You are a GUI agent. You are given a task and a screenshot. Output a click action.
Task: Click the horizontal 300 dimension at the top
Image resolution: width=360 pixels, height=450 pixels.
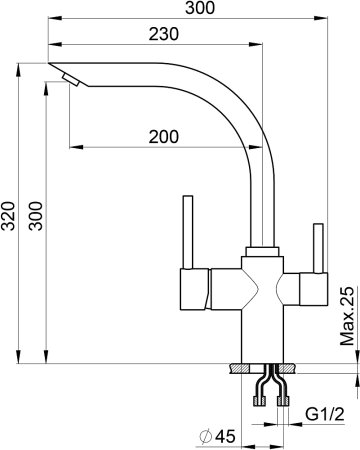pos(200,8)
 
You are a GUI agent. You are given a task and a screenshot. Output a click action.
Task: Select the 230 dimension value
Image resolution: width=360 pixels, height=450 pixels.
pos(164,34)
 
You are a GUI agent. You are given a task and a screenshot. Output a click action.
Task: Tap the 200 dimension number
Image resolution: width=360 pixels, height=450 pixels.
pos(164,137)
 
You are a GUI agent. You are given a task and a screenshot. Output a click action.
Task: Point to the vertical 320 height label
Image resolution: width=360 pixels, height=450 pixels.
pos(8,216)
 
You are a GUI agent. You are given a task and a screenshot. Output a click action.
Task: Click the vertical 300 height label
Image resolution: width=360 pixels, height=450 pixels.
pos(36,216)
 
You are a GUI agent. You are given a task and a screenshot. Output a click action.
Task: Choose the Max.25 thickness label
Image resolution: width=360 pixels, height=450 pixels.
pos(347,316)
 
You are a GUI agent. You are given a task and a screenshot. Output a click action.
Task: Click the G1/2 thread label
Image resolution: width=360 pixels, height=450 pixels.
pos(325,415)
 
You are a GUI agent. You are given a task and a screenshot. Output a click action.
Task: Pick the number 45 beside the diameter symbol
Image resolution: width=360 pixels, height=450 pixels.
pos(225,436)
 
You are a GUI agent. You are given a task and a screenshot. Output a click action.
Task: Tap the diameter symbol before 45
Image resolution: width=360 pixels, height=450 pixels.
pos(205,436)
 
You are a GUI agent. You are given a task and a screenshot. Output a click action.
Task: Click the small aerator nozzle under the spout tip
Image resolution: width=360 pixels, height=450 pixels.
pos(71,80)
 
